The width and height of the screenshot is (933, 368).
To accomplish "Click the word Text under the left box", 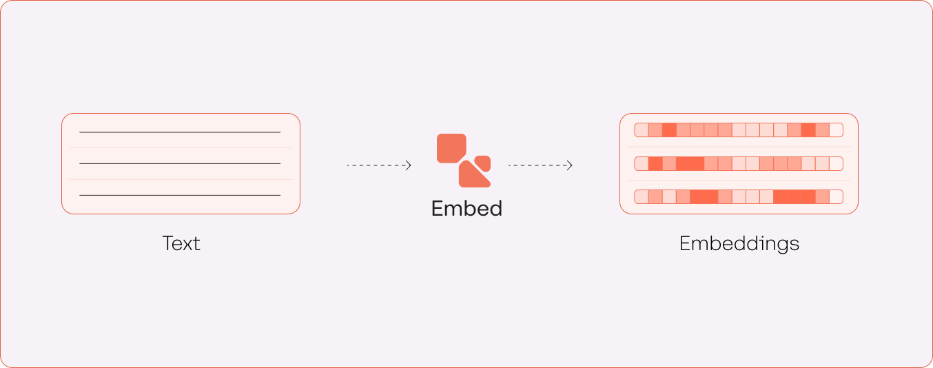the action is click(181, 243).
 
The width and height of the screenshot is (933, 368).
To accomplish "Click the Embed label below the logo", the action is click(466, 208).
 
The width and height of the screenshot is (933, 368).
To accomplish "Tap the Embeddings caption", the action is click(739, 243).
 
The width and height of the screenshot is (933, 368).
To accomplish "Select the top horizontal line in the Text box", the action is click(180, 132).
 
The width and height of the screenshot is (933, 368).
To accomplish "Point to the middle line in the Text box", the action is click(180, 163).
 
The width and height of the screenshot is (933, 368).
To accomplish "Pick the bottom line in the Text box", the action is click(180, 195).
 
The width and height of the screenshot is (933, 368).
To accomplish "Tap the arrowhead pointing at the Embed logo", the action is click(409, 165).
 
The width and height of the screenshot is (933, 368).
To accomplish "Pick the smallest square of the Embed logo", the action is click(483, 163).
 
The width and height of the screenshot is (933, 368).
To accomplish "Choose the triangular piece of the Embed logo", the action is click(473, 176).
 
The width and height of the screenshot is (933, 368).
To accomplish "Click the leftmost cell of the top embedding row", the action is click(642, 130).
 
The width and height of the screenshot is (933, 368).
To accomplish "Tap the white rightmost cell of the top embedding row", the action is click(836, 130).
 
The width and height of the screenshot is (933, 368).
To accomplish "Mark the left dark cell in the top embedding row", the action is click(669, 130).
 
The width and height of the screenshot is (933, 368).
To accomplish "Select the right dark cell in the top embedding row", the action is click(808, 130).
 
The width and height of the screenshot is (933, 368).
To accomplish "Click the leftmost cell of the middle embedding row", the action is click(642, 164).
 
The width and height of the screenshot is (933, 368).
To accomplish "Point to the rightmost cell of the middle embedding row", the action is click(836, 164).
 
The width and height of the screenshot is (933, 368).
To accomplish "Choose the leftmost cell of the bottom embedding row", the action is click(642, 197).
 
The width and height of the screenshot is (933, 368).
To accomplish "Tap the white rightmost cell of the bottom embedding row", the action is click(836, 197).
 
